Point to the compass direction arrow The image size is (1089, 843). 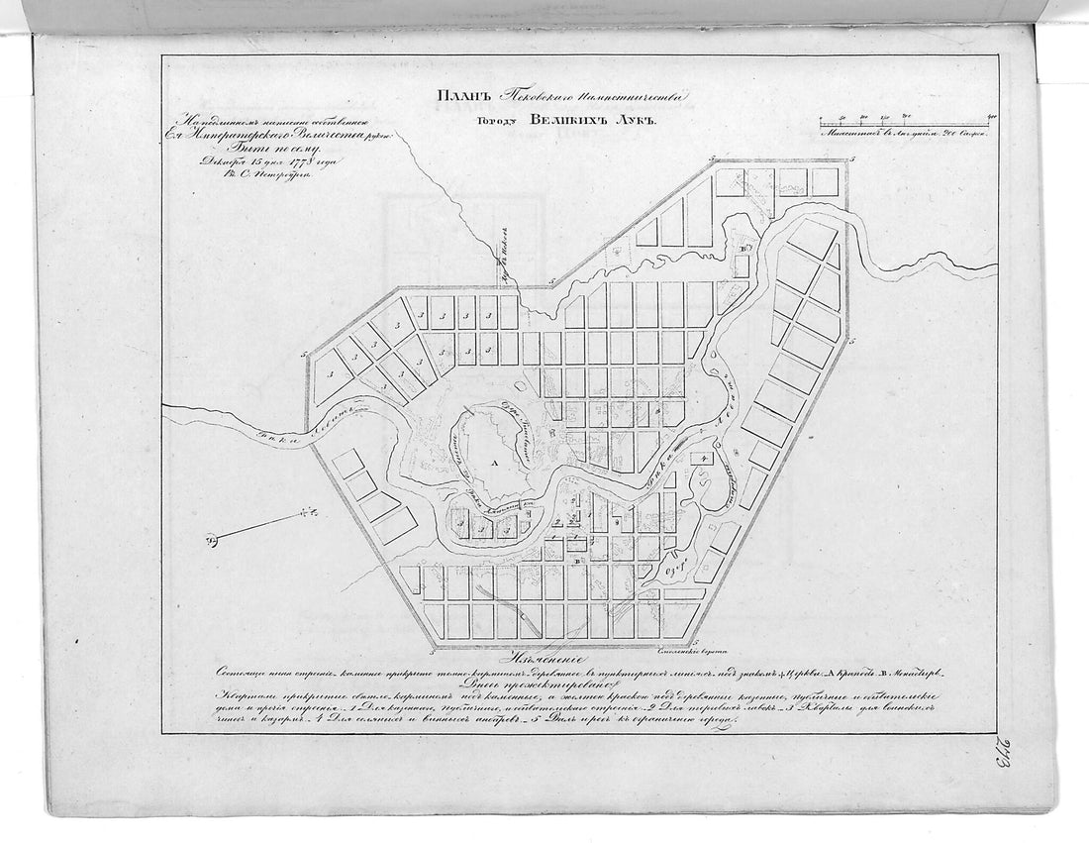point(262,525)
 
